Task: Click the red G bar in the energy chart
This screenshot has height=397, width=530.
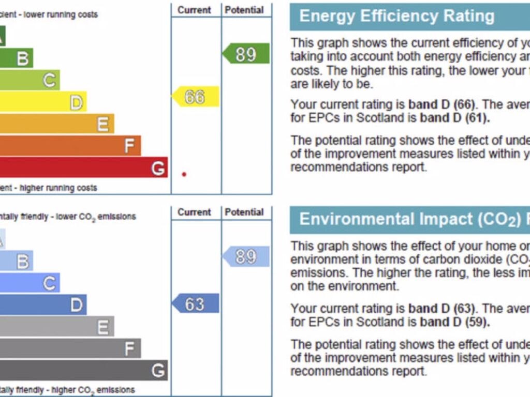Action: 83,167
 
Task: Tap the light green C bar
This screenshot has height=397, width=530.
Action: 29,80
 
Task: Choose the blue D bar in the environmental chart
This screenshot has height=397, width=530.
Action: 41,305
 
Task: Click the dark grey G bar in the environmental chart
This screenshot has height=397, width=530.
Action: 83,370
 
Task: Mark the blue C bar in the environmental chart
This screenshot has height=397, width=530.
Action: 29,283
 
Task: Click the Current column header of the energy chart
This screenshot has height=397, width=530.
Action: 195,10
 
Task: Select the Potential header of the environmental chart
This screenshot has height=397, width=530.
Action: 244,212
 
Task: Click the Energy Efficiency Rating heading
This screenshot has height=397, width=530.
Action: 396,16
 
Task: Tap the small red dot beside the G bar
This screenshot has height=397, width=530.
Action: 184,174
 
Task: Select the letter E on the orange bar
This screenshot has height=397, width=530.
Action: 102,125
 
